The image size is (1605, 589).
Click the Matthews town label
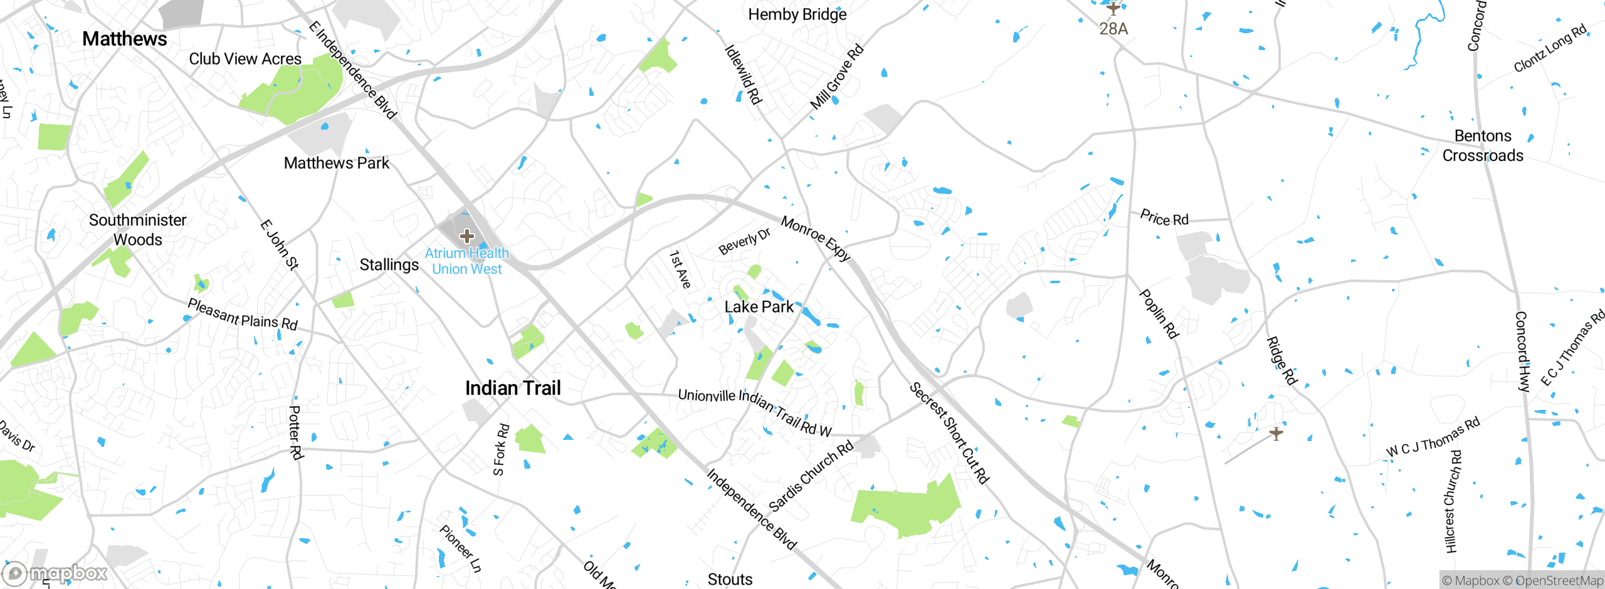(125, 39)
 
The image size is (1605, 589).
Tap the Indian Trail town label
(513, 388)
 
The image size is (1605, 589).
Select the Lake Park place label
(759, 307)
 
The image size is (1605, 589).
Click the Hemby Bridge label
(797, 14)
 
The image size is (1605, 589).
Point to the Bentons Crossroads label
(1483, 145)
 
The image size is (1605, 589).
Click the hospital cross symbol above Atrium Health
(466, 236)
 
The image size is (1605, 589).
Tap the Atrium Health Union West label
(466, 261)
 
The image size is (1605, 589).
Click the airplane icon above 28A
(1113, 9)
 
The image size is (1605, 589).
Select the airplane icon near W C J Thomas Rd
(1276, 433)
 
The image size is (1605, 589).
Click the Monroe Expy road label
(816, 239)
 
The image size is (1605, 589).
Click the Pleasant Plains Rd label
(243, 315)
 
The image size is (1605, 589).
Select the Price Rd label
(1164, 218)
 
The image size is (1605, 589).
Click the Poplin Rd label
(1159, 314)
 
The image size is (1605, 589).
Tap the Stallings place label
(389, 265)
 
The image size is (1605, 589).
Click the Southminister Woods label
(137, 230)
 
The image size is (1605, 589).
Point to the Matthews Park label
(336, 163)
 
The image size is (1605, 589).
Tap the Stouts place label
(730, 580)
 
